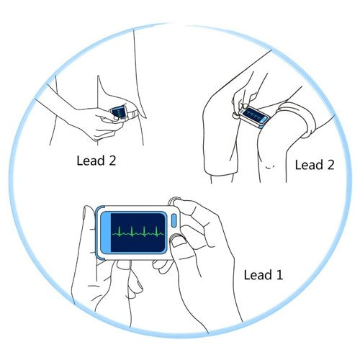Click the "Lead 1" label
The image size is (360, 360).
[x=264, y=275]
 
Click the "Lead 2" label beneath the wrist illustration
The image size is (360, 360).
[x=96, y=161]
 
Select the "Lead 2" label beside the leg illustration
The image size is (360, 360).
[x=315, y=165]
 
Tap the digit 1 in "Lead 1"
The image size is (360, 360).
[x=279, y=275]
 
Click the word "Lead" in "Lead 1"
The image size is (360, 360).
[x=258, y=275]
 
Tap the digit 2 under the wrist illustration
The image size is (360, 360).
[x=112, y=161]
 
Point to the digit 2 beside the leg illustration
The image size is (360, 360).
[x=330, y=165]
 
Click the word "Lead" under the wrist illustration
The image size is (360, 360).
[x=91, y=161]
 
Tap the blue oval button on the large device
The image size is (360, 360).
[x=174, y=220]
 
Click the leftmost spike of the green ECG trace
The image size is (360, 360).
[x=120, y=231]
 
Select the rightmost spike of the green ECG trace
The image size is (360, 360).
[x=156, y=231]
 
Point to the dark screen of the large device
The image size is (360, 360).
[x=138, y=233]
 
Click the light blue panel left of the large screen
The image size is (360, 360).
[x=106, y=233]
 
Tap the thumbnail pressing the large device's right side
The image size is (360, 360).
[x=176, y=241]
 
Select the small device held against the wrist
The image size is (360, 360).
[x=120, y=112]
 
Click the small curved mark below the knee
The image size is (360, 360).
[x=270, y=167]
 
